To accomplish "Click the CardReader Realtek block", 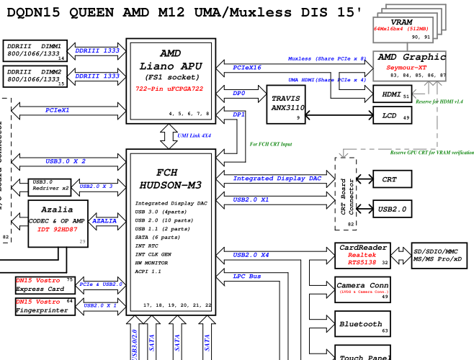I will [362, 255].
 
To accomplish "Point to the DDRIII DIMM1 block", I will [35, 50].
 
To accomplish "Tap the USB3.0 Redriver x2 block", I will [50, 186].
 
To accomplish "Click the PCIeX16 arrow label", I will [247, 67].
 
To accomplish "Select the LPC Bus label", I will [247, 276].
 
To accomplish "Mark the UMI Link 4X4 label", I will [194, 135].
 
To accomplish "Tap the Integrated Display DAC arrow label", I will [277, 178].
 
